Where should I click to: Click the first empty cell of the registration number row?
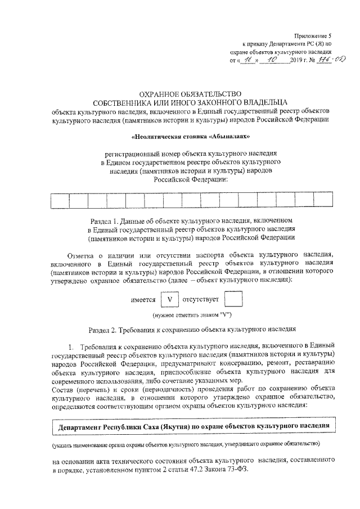(60, 200)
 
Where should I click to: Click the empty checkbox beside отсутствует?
(233, 299)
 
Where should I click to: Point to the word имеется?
(143, 300)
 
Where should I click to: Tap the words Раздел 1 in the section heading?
(105, 222)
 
